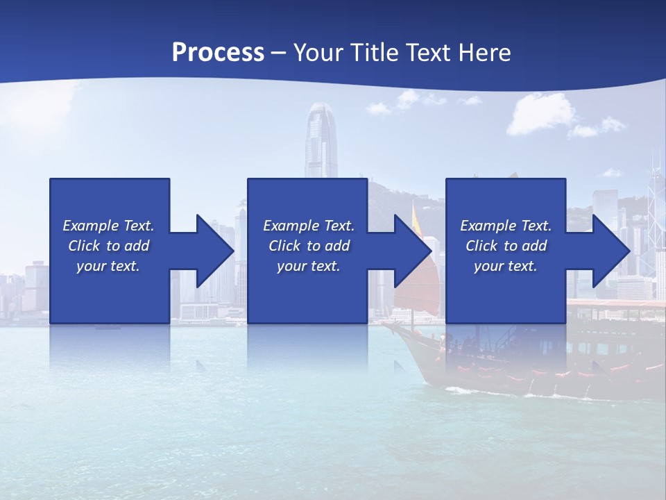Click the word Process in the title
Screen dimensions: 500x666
pos(218,52)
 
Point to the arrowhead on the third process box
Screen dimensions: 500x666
pos(611,251)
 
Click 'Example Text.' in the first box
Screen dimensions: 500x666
pos(108,226)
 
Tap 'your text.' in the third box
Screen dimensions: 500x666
pos(505,266)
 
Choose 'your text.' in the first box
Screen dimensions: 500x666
pos(108,266)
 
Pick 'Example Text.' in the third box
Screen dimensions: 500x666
pos(505,226)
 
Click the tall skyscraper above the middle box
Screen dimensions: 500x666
pos(321,139)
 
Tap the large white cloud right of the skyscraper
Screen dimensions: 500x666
pos(541,115)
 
